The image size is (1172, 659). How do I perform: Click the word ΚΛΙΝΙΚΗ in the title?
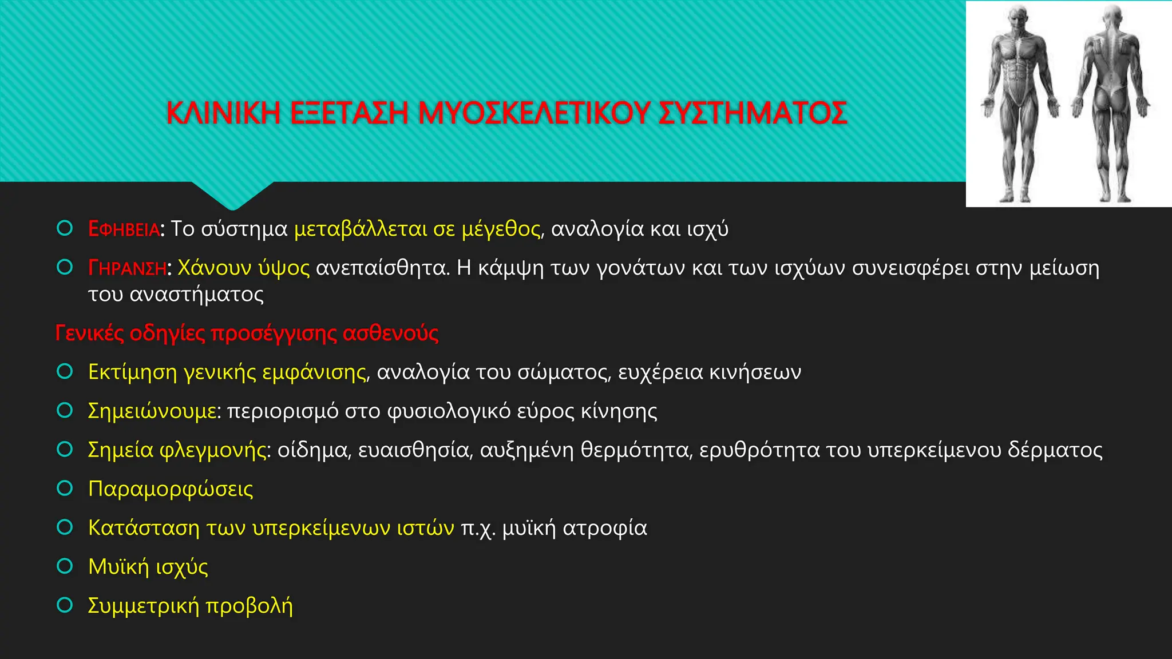223,113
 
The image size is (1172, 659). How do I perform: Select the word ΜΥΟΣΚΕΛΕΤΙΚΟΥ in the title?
534,113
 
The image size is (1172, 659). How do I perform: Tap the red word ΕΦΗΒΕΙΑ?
124,229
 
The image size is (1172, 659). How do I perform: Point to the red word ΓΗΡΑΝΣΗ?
127,268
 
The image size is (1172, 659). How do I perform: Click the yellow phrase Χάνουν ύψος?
244,268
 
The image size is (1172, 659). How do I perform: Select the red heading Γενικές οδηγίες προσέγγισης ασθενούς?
247,333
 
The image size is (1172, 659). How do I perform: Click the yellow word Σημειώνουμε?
152,411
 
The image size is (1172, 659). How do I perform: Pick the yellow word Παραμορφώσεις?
171,489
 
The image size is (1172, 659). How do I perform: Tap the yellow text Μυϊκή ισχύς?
148,567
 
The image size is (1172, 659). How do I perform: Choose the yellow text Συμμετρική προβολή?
190,606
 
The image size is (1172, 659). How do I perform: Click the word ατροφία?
605,528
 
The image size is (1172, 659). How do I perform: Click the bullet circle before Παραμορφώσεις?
65,489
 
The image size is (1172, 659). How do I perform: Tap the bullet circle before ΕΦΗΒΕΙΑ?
65,229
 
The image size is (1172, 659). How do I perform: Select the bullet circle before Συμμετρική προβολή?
65,605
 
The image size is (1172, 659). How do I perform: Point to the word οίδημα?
314,450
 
